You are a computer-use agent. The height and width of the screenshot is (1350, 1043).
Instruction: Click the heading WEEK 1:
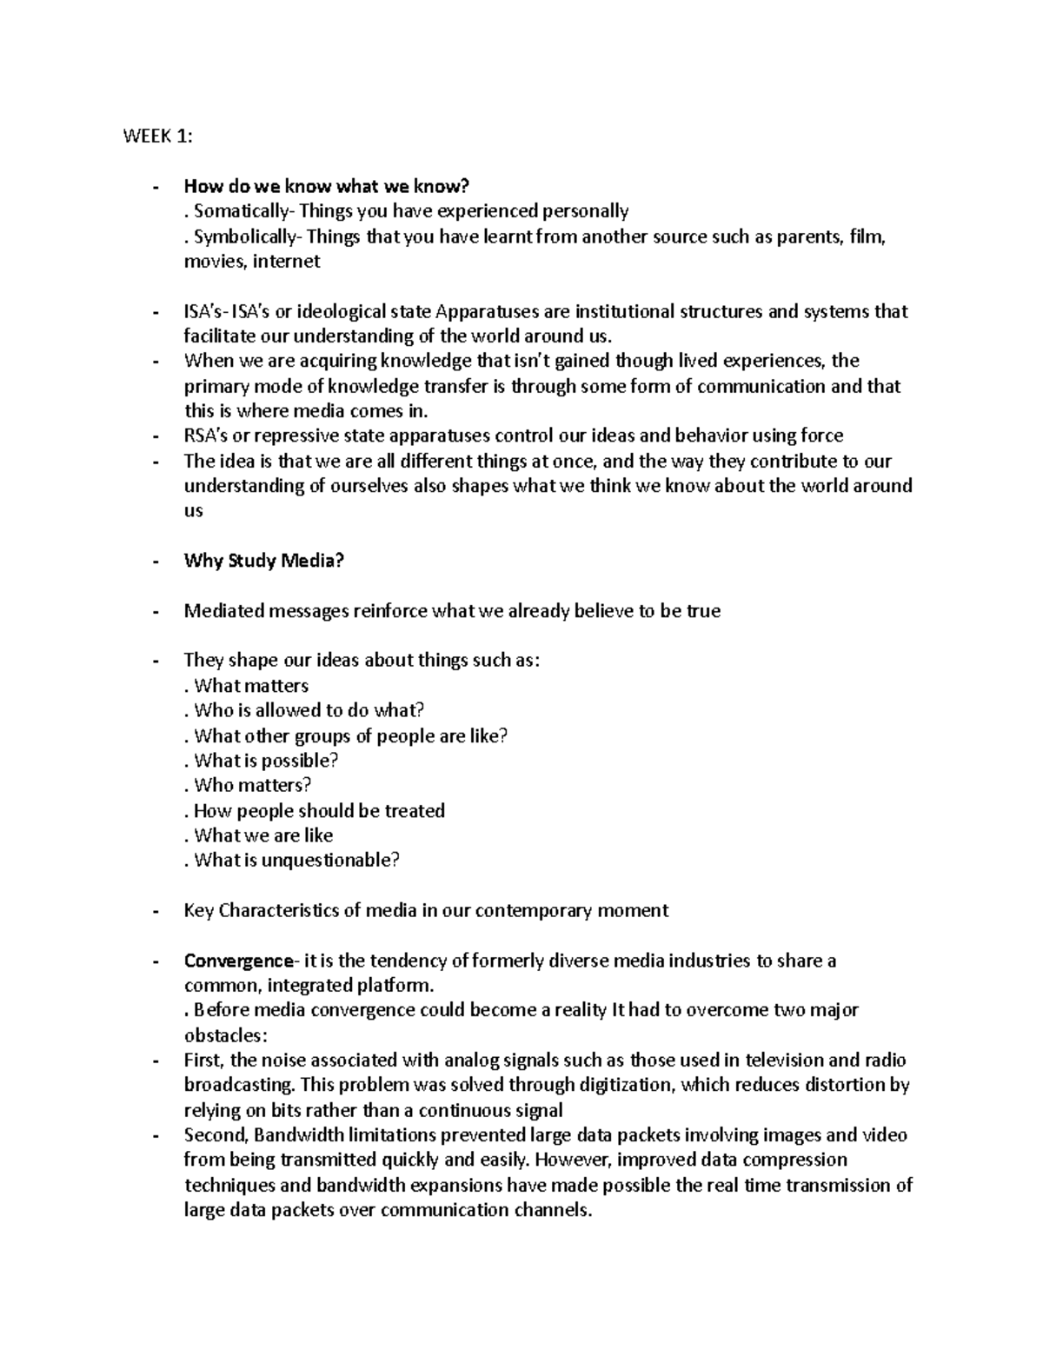click(158, 136)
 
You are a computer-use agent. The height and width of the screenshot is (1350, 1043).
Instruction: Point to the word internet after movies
click(286, 262)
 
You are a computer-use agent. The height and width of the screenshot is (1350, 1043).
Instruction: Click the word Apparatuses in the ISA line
click(489, 311)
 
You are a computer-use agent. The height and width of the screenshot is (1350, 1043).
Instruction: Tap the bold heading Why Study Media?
click(264, 561)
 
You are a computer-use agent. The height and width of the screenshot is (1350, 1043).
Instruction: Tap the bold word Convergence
click(239, 961)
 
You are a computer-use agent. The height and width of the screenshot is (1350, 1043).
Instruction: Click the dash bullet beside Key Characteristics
click(156, 911)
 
